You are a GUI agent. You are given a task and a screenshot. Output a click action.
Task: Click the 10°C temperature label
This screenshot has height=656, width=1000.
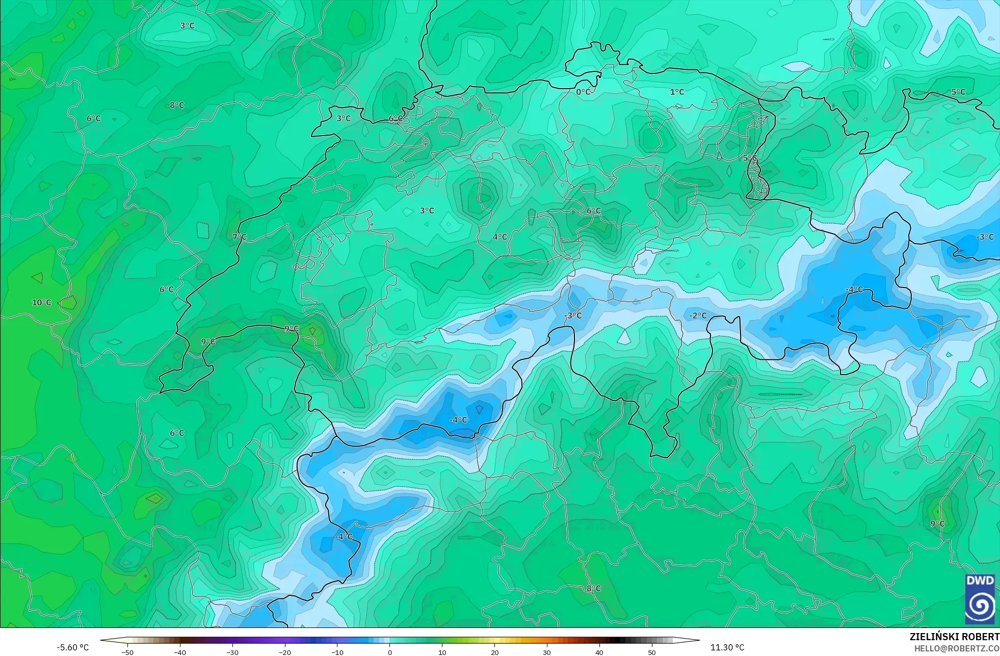coord(42,302)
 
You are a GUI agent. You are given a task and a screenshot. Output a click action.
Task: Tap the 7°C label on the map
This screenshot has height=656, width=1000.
coord(239,237)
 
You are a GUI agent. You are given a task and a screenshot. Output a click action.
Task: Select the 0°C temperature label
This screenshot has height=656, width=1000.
coord(584,92)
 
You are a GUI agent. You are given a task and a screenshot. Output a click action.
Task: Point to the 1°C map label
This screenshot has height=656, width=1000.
coord(677,92)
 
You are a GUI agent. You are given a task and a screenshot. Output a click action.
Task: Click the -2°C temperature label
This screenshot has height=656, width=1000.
coord(698,316)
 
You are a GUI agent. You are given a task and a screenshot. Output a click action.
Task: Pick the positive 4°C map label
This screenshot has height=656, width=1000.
coord(499,237)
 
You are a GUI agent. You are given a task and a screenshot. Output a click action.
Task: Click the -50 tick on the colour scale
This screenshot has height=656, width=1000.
coord(127,652)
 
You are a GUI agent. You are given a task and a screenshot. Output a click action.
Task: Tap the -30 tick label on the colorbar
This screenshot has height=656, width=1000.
coord(232,652)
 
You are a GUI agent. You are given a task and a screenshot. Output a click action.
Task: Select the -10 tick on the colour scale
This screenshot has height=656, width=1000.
coord(337,652)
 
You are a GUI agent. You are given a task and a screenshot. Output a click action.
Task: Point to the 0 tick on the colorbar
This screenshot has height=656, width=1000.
coord(390,652)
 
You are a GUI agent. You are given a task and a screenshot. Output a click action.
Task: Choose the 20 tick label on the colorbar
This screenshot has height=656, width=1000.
coord(494,652)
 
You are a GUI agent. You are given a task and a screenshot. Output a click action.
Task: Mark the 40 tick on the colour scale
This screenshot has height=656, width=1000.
coord(599,652)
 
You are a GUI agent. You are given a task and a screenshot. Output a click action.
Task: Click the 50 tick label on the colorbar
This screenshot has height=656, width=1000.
coord(651,652)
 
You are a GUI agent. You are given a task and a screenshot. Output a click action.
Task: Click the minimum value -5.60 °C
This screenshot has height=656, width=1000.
coord(72,647)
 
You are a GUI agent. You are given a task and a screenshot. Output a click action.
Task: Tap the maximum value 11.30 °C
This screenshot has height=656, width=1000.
coord(727,647)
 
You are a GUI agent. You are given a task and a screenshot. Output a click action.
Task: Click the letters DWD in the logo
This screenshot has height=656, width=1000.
coord(980,581)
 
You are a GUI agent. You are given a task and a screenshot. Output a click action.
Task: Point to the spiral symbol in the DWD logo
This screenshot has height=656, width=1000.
coord(980,606)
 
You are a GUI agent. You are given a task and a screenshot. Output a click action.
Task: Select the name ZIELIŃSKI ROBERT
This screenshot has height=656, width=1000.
coord(954,637)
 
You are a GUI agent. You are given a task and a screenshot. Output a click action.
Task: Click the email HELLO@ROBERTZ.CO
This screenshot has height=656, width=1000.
coord(956,648)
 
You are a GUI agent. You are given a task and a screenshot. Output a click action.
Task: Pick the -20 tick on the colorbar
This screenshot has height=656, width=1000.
coord(284,652)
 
